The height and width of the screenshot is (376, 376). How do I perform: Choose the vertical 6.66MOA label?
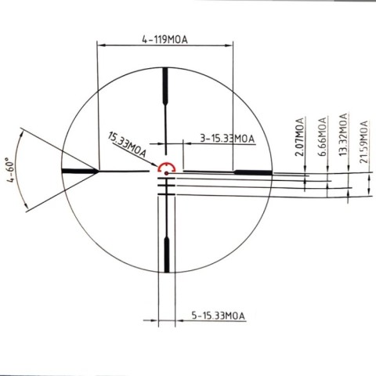click(x=322, y=138)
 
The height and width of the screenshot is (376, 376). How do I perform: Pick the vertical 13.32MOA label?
click(x=342, y=136)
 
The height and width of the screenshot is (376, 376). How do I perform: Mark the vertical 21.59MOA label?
click(x=363, y=140)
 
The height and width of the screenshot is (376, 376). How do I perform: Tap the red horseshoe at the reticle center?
click(x=166, y=166)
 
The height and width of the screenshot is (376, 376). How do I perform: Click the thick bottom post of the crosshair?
click(x=166, y=254)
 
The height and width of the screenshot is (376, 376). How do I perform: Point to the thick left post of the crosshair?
click(x=78, y=170)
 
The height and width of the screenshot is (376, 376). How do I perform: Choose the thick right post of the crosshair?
click(x=252, y=170)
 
